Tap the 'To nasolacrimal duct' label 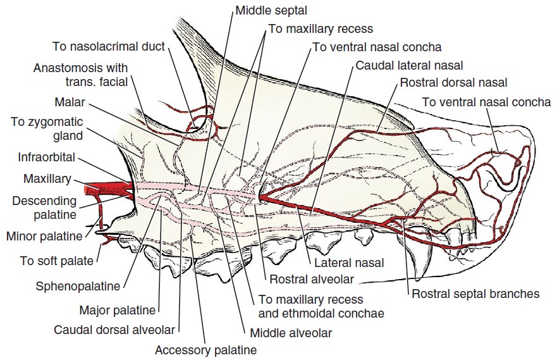(109, 46)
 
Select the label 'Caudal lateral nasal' (409, 65)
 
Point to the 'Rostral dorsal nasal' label (453, 82)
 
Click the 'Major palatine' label (117, 310)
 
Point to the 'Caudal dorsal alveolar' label (114, 330)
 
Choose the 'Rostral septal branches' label (475, 294)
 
